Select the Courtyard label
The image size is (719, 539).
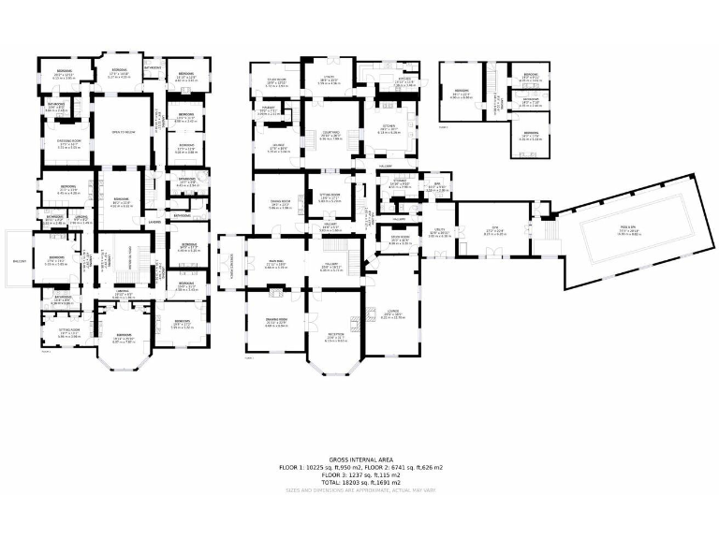click(x=330, y=133)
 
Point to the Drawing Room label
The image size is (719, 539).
click(x=276, y=323)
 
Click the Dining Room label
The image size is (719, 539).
click(x=280, y=201)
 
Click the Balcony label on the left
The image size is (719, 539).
click(x=20, y=261)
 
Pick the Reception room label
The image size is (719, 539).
click(x=335, y=335)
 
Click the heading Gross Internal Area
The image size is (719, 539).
click(x=359, y=459)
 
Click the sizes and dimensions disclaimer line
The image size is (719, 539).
click(x=359, y=489)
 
